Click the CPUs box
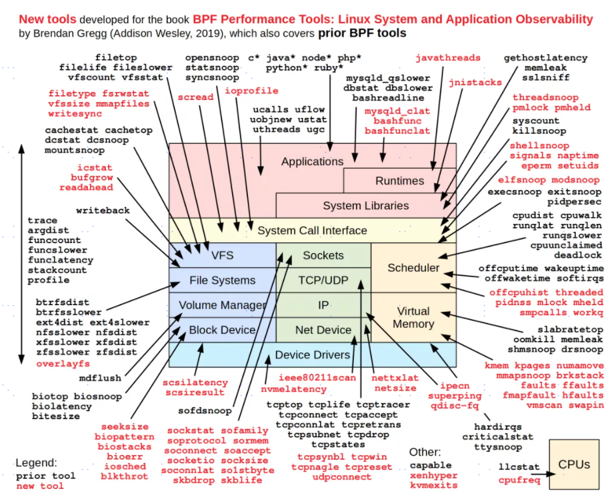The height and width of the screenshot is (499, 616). click(x=574, y=464)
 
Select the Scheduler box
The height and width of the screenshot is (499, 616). click(x=413, y=268)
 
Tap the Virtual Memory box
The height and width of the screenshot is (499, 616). click(x=413, y=317)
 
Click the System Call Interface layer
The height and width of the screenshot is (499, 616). click(x=312, y=231)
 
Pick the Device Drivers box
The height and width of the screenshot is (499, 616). click(x=312, y=354)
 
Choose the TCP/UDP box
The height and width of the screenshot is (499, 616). click(x=323, y=280)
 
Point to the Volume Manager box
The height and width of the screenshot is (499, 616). click(x=222, y=306)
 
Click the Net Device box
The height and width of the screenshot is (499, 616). click(x=323, y=330)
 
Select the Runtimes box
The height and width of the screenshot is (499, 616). click(x=399, y=181)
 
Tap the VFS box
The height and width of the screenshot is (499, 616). click(x=222, y=255)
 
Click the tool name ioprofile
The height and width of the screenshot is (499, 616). click(x=251, y=91)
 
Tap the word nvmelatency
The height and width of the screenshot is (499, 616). click(x=293, y=388)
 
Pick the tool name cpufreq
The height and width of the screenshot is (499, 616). click(x=519, y=479)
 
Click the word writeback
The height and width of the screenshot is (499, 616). click(x=103, y=211)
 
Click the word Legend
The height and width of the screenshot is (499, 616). click(x=37, y=462)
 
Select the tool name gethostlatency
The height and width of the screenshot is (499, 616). click(x=545, y=58)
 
